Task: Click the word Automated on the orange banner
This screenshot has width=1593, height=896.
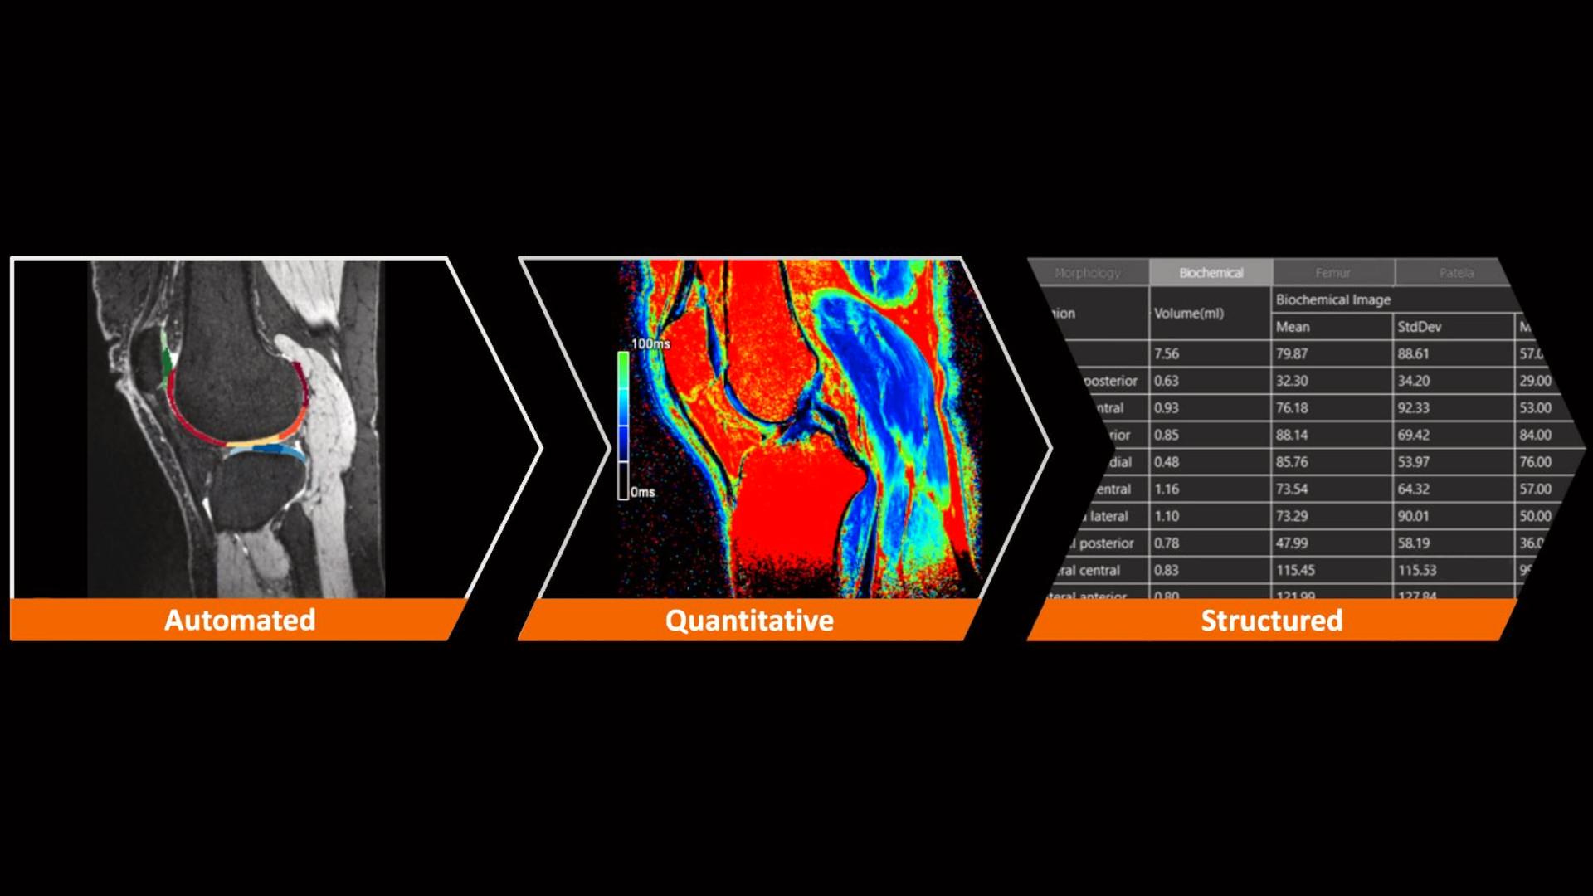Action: [x=240, y=620]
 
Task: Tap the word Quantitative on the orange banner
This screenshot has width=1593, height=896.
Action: [x=749, y=620]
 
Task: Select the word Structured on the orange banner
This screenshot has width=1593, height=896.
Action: [x=1271, y=620]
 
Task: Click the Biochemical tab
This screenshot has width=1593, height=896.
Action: [x=1211, y=273]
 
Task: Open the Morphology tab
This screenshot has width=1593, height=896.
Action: [x=1087, y=273]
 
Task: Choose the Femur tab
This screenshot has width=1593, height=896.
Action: [x=1332, y=273]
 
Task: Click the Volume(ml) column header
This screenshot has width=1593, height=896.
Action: [x=1188, y=313]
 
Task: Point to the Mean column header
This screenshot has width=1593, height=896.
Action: [x=1292, y=327]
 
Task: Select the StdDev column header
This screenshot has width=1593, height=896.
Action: [x=1419, y=327]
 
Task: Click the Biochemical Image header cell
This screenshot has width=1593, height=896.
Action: [x=1332, y=299]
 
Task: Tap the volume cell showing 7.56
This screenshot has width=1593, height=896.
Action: [x=1167, y=353]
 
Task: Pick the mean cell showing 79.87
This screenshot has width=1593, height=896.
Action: [x=1292, y=353]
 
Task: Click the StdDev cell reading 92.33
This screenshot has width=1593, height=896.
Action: [x=1413, y=407]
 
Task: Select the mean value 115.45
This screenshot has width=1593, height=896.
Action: [x=1295, y=570]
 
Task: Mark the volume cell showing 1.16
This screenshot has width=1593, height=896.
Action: [x=1167, y=489]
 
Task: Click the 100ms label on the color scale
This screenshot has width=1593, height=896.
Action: [x=650, y=343]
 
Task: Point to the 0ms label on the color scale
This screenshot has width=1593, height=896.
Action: [x=642, y=492]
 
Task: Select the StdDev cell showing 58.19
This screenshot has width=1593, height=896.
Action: [x=1413, y=543]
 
